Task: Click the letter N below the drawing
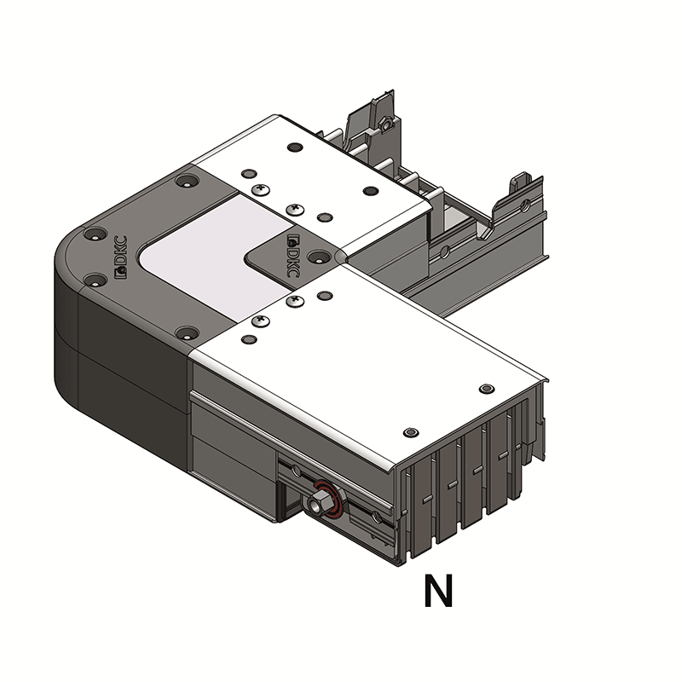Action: pyautogui.click(x=438, y=592)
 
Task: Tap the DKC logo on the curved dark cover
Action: pyautogui.click(x=120, y=257)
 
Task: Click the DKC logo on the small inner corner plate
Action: pyautogui.click(x=292, y=257)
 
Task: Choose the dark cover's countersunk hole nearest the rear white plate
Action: pyautogui.click(x=185, y=181)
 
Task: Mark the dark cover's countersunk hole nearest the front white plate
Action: pyautogui.click(x=187, y=332)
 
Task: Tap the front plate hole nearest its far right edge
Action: pyautogui.click(x=486, y=389)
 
